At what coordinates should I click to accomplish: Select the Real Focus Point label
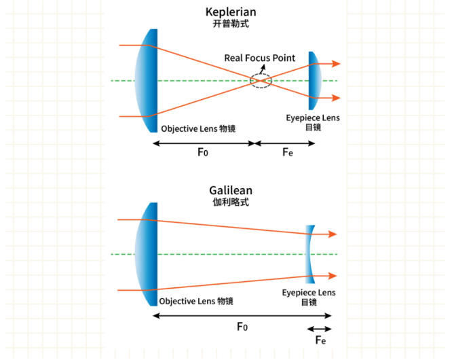pyautogui.click(x=260, y=58)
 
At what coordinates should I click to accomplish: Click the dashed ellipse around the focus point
pyautogui.click(x=261, y=81)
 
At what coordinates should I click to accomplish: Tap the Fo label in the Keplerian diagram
pyautogui.click(x=202, y=152)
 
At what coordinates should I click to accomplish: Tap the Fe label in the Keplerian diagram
pyautogui.click(x=288, y=152)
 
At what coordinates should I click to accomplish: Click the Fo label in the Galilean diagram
pyautogui.click(x=242, y=327)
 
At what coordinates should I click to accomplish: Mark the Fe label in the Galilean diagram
pyautogui.click(x=322, y=340)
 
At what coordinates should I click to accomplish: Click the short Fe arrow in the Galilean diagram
pyautogui.click(x=320, y=329)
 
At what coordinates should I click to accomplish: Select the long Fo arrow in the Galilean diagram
pyautogui.click(x=242, y=315)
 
